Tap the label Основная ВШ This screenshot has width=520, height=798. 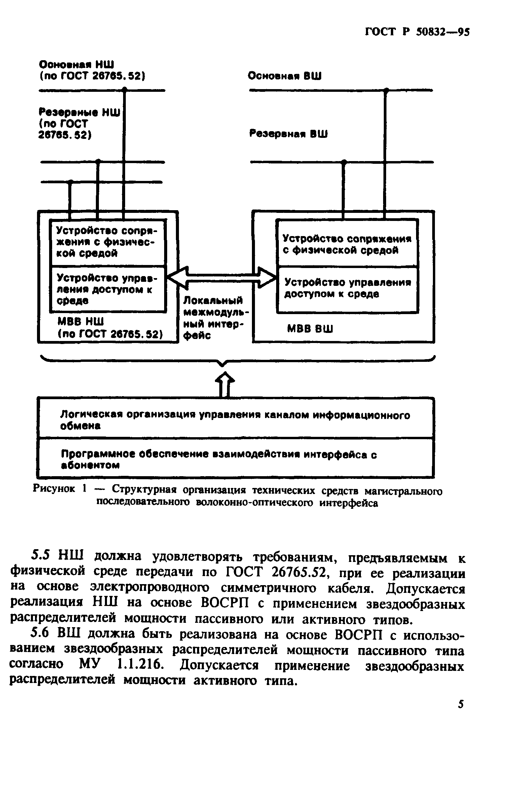(x=285, y=76)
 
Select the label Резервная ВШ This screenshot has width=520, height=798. (x=288, y=134)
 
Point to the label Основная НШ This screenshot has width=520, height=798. (x=77, y=64)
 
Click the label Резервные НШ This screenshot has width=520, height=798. (x=79, y=112)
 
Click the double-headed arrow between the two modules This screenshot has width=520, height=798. (x=222, y=277)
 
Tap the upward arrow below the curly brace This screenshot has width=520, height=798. (x=225, y=384)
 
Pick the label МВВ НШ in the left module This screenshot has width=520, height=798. (x=81, y=322)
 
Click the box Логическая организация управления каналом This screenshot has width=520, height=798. (x=235, y=420)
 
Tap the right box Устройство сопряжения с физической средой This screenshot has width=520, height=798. (x=347, y=244)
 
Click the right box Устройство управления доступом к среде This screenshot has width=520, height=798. (x=347, y=288)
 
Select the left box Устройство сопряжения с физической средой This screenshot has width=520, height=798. (x=108, y=242)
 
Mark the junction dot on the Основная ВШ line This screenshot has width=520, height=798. (x=386, y=90)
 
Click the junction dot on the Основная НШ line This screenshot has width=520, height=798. (x=124, y=89)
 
